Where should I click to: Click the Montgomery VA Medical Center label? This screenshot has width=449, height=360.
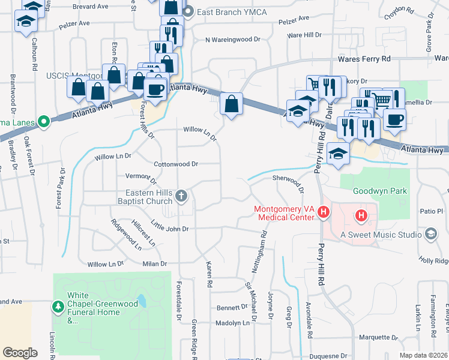coord(284,213)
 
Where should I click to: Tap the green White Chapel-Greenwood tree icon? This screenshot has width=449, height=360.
coord(58,307)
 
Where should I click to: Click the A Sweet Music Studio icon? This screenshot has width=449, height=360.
coord(430,233)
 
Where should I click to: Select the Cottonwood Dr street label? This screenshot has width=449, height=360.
coord(176,164)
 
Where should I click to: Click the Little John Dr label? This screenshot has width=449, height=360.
coord(170,229)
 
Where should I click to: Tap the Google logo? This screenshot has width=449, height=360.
coord(20,352)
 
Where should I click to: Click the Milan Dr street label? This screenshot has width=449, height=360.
coord(154,263)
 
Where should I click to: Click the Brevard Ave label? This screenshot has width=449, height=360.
coord(89,6)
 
